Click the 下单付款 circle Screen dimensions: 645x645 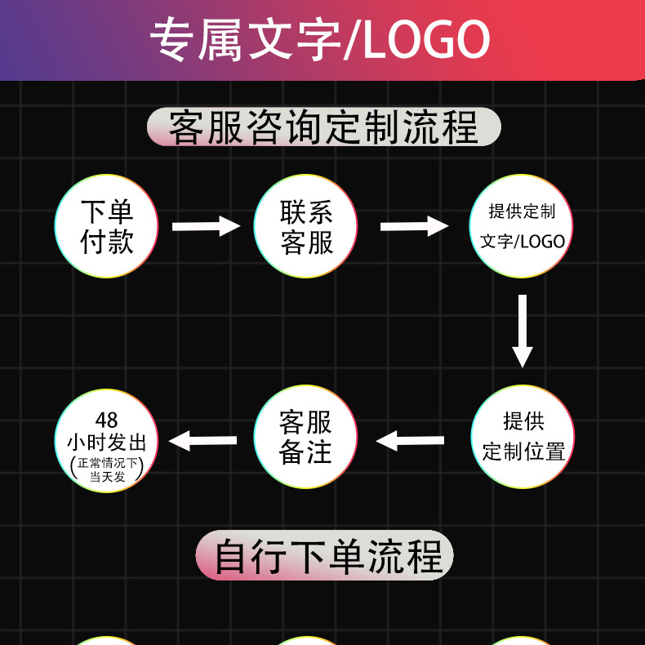pyautogui.click(x=106, y=226)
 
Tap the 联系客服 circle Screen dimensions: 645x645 pyautogui.click(x=306, y=226)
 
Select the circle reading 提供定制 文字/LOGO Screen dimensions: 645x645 pyautogui.click(x=522, y=226)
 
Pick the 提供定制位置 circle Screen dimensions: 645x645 pyautogui.click(x=523, y=437)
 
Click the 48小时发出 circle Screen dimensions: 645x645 pyautogui.click(x=106, y=442)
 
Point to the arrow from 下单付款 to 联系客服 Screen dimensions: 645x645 pyautogui.click(x=206, y=226)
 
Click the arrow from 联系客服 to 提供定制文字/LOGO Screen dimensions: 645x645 pyautogui.click(x=414, y=226)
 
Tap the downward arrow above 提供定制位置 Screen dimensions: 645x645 pyautogui.click(x=523, y=331)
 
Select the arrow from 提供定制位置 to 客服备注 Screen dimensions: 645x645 pyautogui.click(x=410, y=442)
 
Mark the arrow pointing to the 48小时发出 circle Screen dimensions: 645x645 pyautogui.click(x=202, y=442)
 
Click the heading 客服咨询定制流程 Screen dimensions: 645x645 pyautogui.click(x=323, y=128)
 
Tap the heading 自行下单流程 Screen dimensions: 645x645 pyautogui.click(x=324, y=556)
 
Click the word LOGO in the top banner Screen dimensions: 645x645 pyautogui.click(x=426, y=39)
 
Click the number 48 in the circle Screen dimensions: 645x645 pyautogui.click(x=106, y=420)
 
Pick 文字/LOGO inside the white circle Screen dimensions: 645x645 pyautogui.click(x=523, y=242)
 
